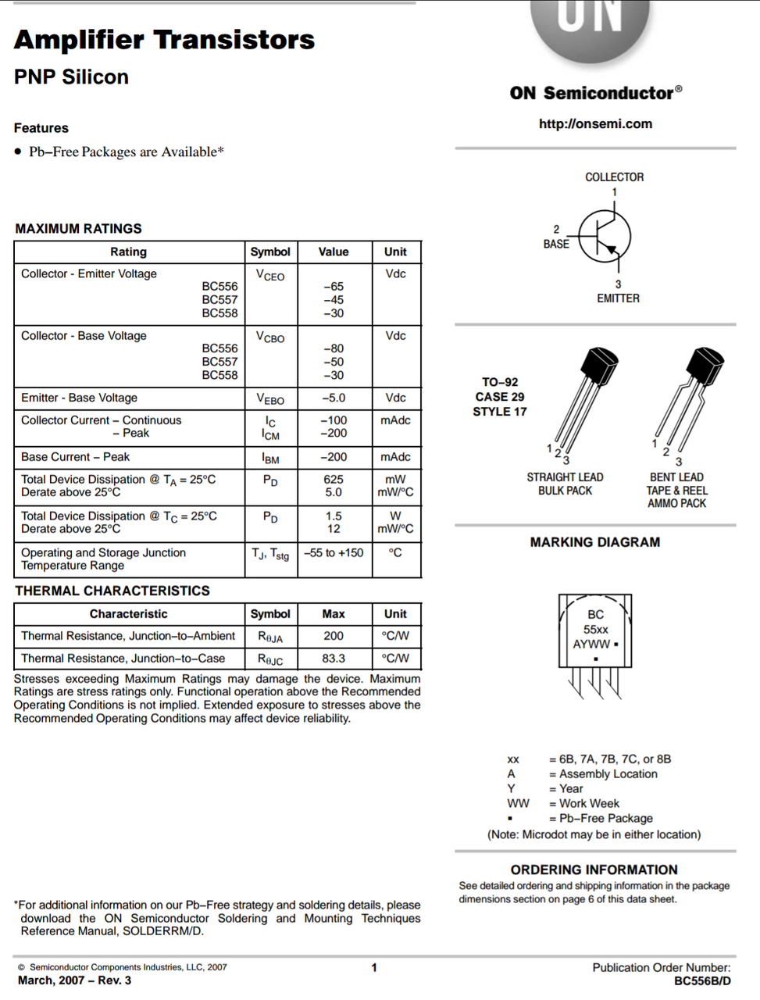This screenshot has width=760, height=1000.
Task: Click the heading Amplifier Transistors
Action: pos(164,40)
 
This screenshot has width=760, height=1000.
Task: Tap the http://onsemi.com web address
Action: pos(595,123)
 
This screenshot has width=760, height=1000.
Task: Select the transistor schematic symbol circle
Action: pos(605,235)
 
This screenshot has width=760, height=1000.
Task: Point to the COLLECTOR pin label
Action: pos(615,177)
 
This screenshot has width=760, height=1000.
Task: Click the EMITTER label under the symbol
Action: pos(618,298)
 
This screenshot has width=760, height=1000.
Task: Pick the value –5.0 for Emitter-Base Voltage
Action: pos(334,398)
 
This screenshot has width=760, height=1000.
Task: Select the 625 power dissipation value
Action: pos(334,480)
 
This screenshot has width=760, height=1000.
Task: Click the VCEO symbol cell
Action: pos(270,275)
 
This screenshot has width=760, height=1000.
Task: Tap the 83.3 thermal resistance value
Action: pos(334,659)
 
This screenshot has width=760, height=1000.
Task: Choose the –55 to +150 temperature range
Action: pos(334,553)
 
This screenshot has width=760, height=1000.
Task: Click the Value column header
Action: pos(334,252)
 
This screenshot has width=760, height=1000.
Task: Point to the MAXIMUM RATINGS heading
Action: pos(78,229)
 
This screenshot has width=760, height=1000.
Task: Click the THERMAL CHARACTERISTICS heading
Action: pos(112,591)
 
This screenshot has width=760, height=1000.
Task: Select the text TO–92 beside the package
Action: pos(500,382)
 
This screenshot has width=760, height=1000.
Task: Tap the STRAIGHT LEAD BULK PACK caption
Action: pos(565,484)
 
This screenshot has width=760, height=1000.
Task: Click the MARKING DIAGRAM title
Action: pos(594,542)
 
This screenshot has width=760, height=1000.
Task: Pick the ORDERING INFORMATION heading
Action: pos(594,870)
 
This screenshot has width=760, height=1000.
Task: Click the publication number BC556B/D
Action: pos(702,980)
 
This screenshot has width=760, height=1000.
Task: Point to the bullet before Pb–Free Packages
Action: pos(18,152)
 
